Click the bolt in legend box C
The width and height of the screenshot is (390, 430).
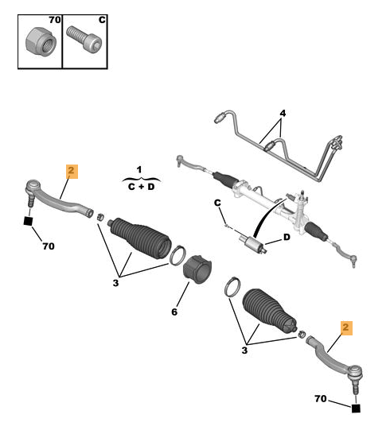click(x=84, y=40)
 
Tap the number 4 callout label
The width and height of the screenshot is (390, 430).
click(x=283, y=113)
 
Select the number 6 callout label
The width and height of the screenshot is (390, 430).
click(x=174, y=312)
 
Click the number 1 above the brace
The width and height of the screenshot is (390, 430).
click(x=139, y=170)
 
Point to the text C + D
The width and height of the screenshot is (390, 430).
click(x=141, y=187)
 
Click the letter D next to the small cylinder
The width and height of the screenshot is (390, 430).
click(x=287, y=237)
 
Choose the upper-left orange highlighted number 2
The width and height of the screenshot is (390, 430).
click(x=72, y=172)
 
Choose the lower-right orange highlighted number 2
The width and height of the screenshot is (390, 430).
click(x=346, y=328)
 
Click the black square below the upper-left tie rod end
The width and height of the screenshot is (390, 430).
click(x=28, y=221)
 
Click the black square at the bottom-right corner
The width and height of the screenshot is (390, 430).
click(x=356, y=409)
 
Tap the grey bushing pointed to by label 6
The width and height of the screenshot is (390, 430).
click(x=197, y=269)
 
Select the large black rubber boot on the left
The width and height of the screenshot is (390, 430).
click(x=141, y=238)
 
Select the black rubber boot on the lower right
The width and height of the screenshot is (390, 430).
click(x=270, y=311)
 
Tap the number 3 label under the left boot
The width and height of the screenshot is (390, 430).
click(x=115, y=283)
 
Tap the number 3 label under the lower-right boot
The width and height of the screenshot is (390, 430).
click(x=244, y=351)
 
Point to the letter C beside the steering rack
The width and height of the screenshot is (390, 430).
click(x=217, y=203)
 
